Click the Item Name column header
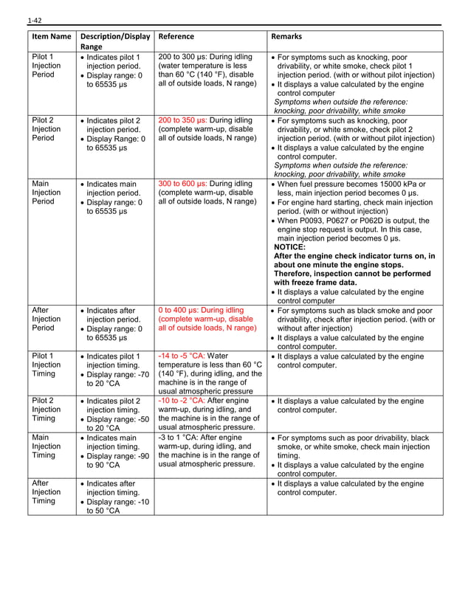click(x=52, y=36)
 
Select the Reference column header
click(x=176, y=36)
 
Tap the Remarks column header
click(x=286, y=36)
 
